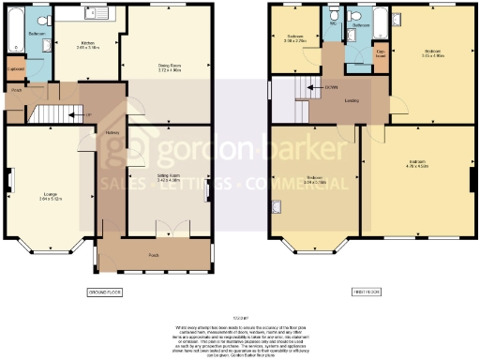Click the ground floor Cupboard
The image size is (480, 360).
[x=15, y=69]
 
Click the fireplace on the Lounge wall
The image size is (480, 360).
[x=10, y=178]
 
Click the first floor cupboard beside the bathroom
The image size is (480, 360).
[x=382, y=55]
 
